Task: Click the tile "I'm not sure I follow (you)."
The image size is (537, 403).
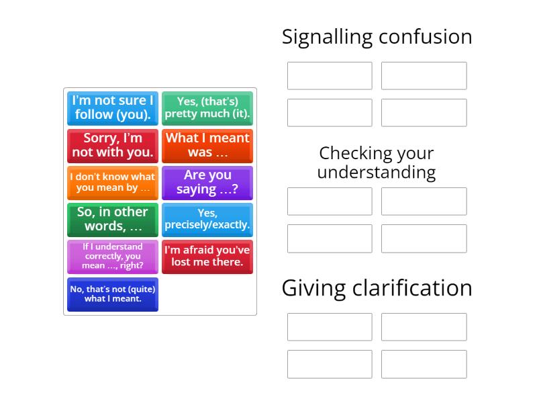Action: [113, 108]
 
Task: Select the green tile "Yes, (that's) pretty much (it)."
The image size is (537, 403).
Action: [207, 108]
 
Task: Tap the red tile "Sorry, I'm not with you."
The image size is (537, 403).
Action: [113, 145]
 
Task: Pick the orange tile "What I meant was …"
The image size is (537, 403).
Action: [207, 145]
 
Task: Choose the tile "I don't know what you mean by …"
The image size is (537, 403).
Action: [113, 183]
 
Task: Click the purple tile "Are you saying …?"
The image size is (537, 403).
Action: [207, 183]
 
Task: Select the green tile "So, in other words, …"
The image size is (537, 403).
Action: [113, 220]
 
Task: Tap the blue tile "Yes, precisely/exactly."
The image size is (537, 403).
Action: [207, 220]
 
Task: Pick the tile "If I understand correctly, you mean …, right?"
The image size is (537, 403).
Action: [113, 257]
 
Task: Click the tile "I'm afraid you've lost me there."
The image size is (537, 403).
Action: [207, 257]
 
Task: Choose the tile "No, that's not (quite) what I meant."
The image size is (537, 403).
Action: [113, 294]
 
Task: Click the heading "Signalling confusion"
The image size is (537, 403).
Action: [377, 36]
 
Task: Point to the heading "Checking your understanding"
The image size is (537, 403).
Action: [377, 163]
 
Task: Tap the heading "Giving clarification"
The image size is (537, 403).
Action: [377, 287]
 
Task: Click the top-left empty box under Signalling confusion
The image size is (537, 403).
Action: [330, 76]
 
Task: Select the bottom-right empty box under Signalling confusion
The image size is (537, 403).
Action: [424, 113]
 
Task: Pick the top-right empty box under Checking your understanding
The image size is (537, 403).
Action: [424, 201]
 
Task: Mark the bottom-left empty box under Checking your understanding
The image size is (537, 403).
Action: [330, 238]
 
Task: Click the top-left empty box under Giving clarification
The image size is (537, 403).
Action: [330, 327]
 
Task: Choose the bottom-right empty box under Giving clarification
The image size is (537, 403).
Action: [424, 364]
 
